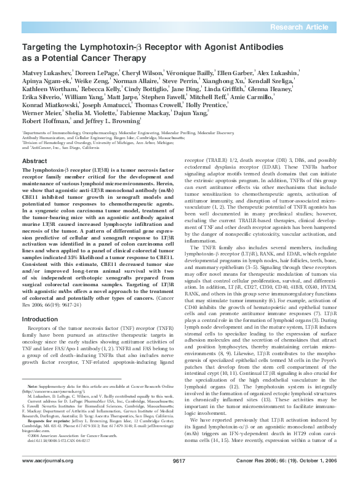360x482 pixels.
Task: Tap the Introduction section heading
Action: coord(40,319)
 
